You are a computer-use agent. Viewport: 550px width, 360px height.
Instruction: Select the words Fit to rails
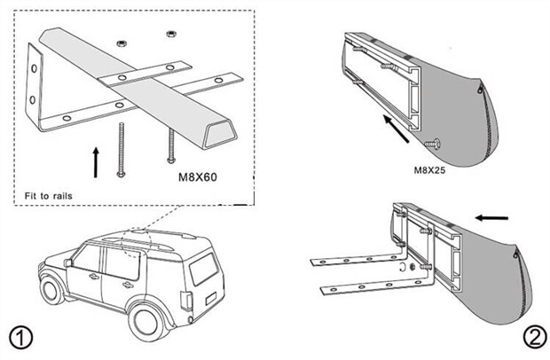(x=47, y=194)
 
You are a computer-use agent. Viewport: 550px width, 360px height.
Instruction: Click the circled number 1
(x=21, y=337)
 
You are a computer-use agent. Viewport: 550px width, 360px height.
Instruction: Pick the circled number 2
(x=533, y=337)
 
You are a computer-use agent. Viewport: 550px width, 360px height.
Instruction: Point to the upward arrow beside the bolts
(x=96, y=162)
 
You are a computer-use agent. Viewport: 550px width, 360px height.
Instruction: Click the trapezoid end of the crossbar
(x=219, y=135)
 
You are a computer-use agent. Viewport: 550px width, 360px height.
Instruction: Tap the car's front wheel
(x=53, y=289)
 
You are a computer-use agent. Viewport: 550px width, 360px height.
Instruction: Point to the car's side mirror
(x=68, y=262)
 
